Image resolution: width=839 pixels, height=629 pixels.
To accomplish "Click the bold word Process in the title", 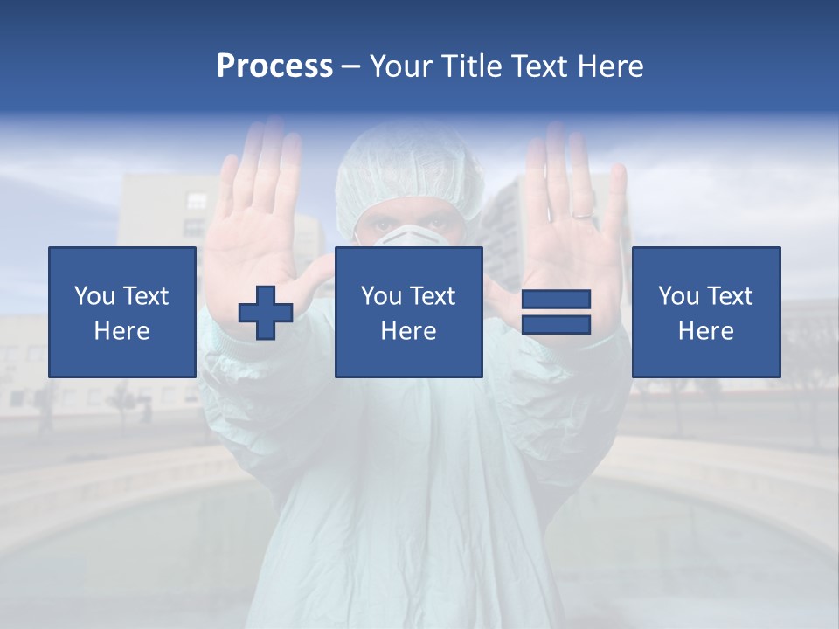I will (274, 66).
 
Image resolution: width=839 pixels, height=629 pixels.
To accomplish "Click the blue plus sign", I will (266, 314).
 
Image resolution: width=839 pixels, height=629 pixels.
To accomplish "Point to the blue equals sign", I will (556, 312).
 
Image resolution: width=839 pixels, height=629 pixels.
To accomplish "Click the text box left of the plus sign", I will (122, 312).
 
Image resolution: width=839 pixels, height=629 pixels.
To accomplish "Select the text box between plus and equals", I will (408, 312).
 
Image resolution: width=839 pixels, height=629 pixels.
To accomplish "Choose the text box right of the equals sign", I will (705, 312).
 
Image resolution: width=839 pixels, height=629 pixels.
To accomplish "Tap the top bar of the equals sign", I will (556, 300).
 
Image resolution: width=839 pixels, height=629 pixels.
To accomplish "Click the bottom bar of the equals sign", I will (556, 325).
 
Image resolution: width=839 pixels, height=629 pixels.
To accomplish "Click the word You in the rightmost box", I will (678, 296).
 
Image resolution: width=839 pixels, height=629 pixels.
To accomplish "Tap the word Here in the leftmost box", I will (122, 331).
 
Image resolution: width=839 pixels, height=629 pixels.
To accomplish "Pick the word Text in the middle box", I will (433, 296).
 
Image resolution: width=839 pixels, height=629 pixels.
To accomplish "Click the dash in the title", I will (351, 67).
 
